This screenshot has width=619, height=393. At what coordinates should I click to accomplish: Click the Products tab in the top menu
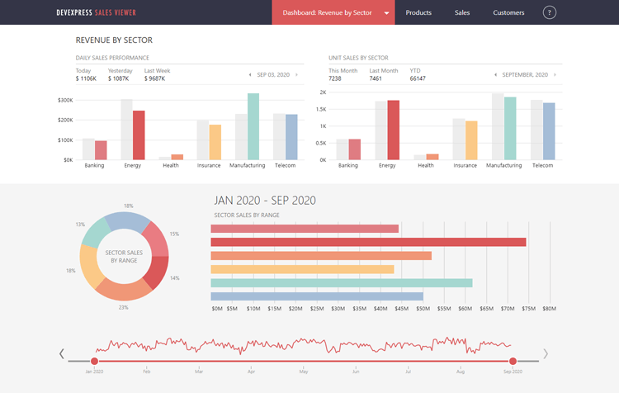coord(418,12)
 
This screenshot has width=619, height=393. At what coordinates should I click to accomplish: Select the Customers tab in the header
coord(508,12)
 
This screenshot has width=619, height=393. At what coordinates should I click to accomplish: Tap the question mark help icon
coord(550,12)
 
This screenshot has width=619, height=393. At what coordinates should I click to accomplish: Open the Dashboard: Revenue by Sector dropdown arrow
coord(386,13)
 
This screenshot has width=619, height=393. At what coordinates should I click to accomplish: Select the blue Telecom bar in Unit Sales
coord(549,131)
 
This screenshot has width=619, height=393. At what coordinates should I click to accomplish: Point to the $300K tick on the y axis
coord(64,100)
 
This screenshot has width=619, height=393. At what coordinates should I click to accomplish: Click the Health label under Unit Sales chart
coord(426,165)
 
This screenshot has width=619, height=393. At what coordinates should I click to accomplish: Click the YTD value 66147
coord(418,78)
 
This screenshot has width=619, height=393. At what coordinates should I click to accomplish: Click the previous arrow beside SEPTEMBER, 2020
coord(494,75)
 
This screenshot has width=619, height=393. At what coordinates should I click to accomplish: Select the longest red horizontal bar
coord(368,242)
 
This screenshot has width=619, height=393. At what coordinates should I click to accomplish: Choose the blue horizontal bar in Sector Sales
coord(317,296)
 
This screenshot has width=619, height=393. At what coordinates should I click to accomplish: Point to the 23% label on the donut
coord(124,307)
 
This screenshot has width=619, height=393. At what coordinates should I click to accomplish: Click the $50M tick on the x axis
coord(422,310)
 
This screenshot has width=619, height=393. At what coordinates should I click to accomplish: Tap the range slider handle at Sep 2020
coord(513,361)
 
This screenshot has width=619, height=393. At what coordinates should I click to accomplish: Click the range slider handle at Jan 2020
coord(95,361)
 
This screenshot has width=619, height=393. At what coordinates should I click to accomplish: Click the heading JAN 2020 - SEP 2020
coord(264,201)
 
